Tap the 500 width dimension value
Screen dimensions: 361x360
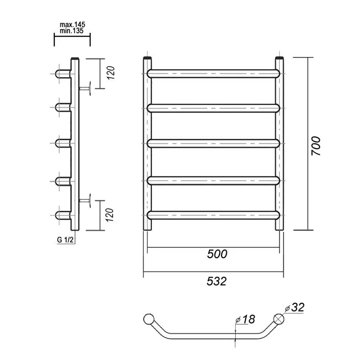[x=217, y=254]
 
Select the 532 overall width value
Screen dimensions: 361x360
[x=216, y=281]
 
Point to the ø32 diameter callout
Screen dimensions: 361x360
[x=295, y=307]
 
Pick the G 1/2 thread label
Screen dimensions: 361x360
[x=65, y=239]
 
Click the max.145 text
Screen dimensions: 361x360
[x=73, y=25]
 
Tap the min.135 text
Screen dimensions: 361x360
[x=71, y=31]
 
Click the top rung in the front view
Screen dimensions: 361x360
[x=213, y=73]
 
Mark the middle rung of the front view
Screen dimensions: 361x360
[x=213, y=144]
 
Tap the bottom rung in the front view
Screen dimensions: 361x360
[x=213, y=215]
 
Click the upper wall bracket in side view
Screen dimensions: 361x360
[x=87, y=88]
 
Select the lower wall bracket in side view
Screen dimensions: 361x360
[x=87, y=200]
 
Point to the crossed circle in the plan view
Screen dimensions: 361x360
[x=279, y=318]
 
